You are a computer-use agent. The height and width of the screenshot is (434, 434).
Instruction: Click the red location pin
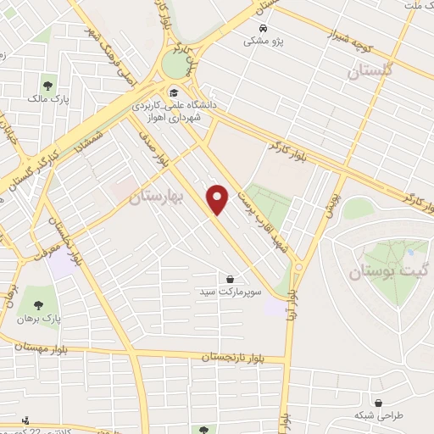[x=219, y=199]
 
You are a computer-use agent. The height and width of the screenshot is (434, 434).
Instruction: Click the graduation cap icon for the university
[x=173, y=93]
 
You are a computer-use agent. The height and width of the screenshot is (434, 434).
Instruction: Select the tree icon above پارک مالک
[x=48, y=86]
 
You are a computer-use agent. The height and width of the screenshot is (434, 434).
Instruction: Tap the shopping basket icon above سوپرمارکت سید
[x=231, y=278]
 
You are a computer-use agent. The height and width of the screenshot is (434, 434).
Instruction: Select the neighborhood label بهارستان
[x=153, y=198]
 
